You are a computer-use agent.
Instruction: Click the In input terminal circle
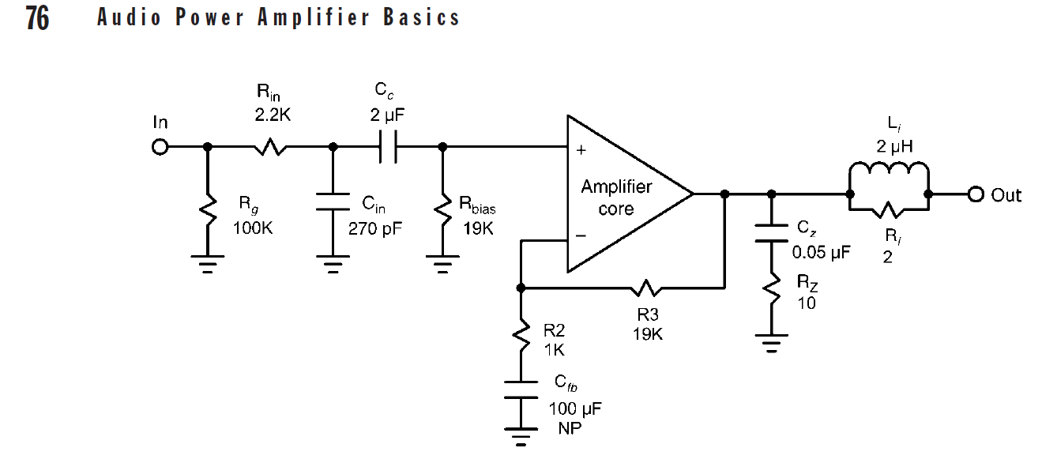click(x=160, y=147)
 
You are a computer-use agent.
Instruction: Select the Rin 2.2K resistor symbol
click(x=269, y=147)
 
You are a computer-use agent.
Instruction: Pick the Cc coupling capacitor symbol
click(x=387, y=147)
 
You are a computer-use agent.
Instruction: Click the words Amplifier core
click(x=616, y=198)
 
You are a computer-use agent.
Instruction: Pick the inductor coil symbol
click(x=888, y=171)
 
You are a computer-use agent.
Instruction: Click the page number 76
click(x=37, y=17)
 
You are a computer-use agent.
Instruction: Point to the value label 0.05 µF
click(x=822, y=254)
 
